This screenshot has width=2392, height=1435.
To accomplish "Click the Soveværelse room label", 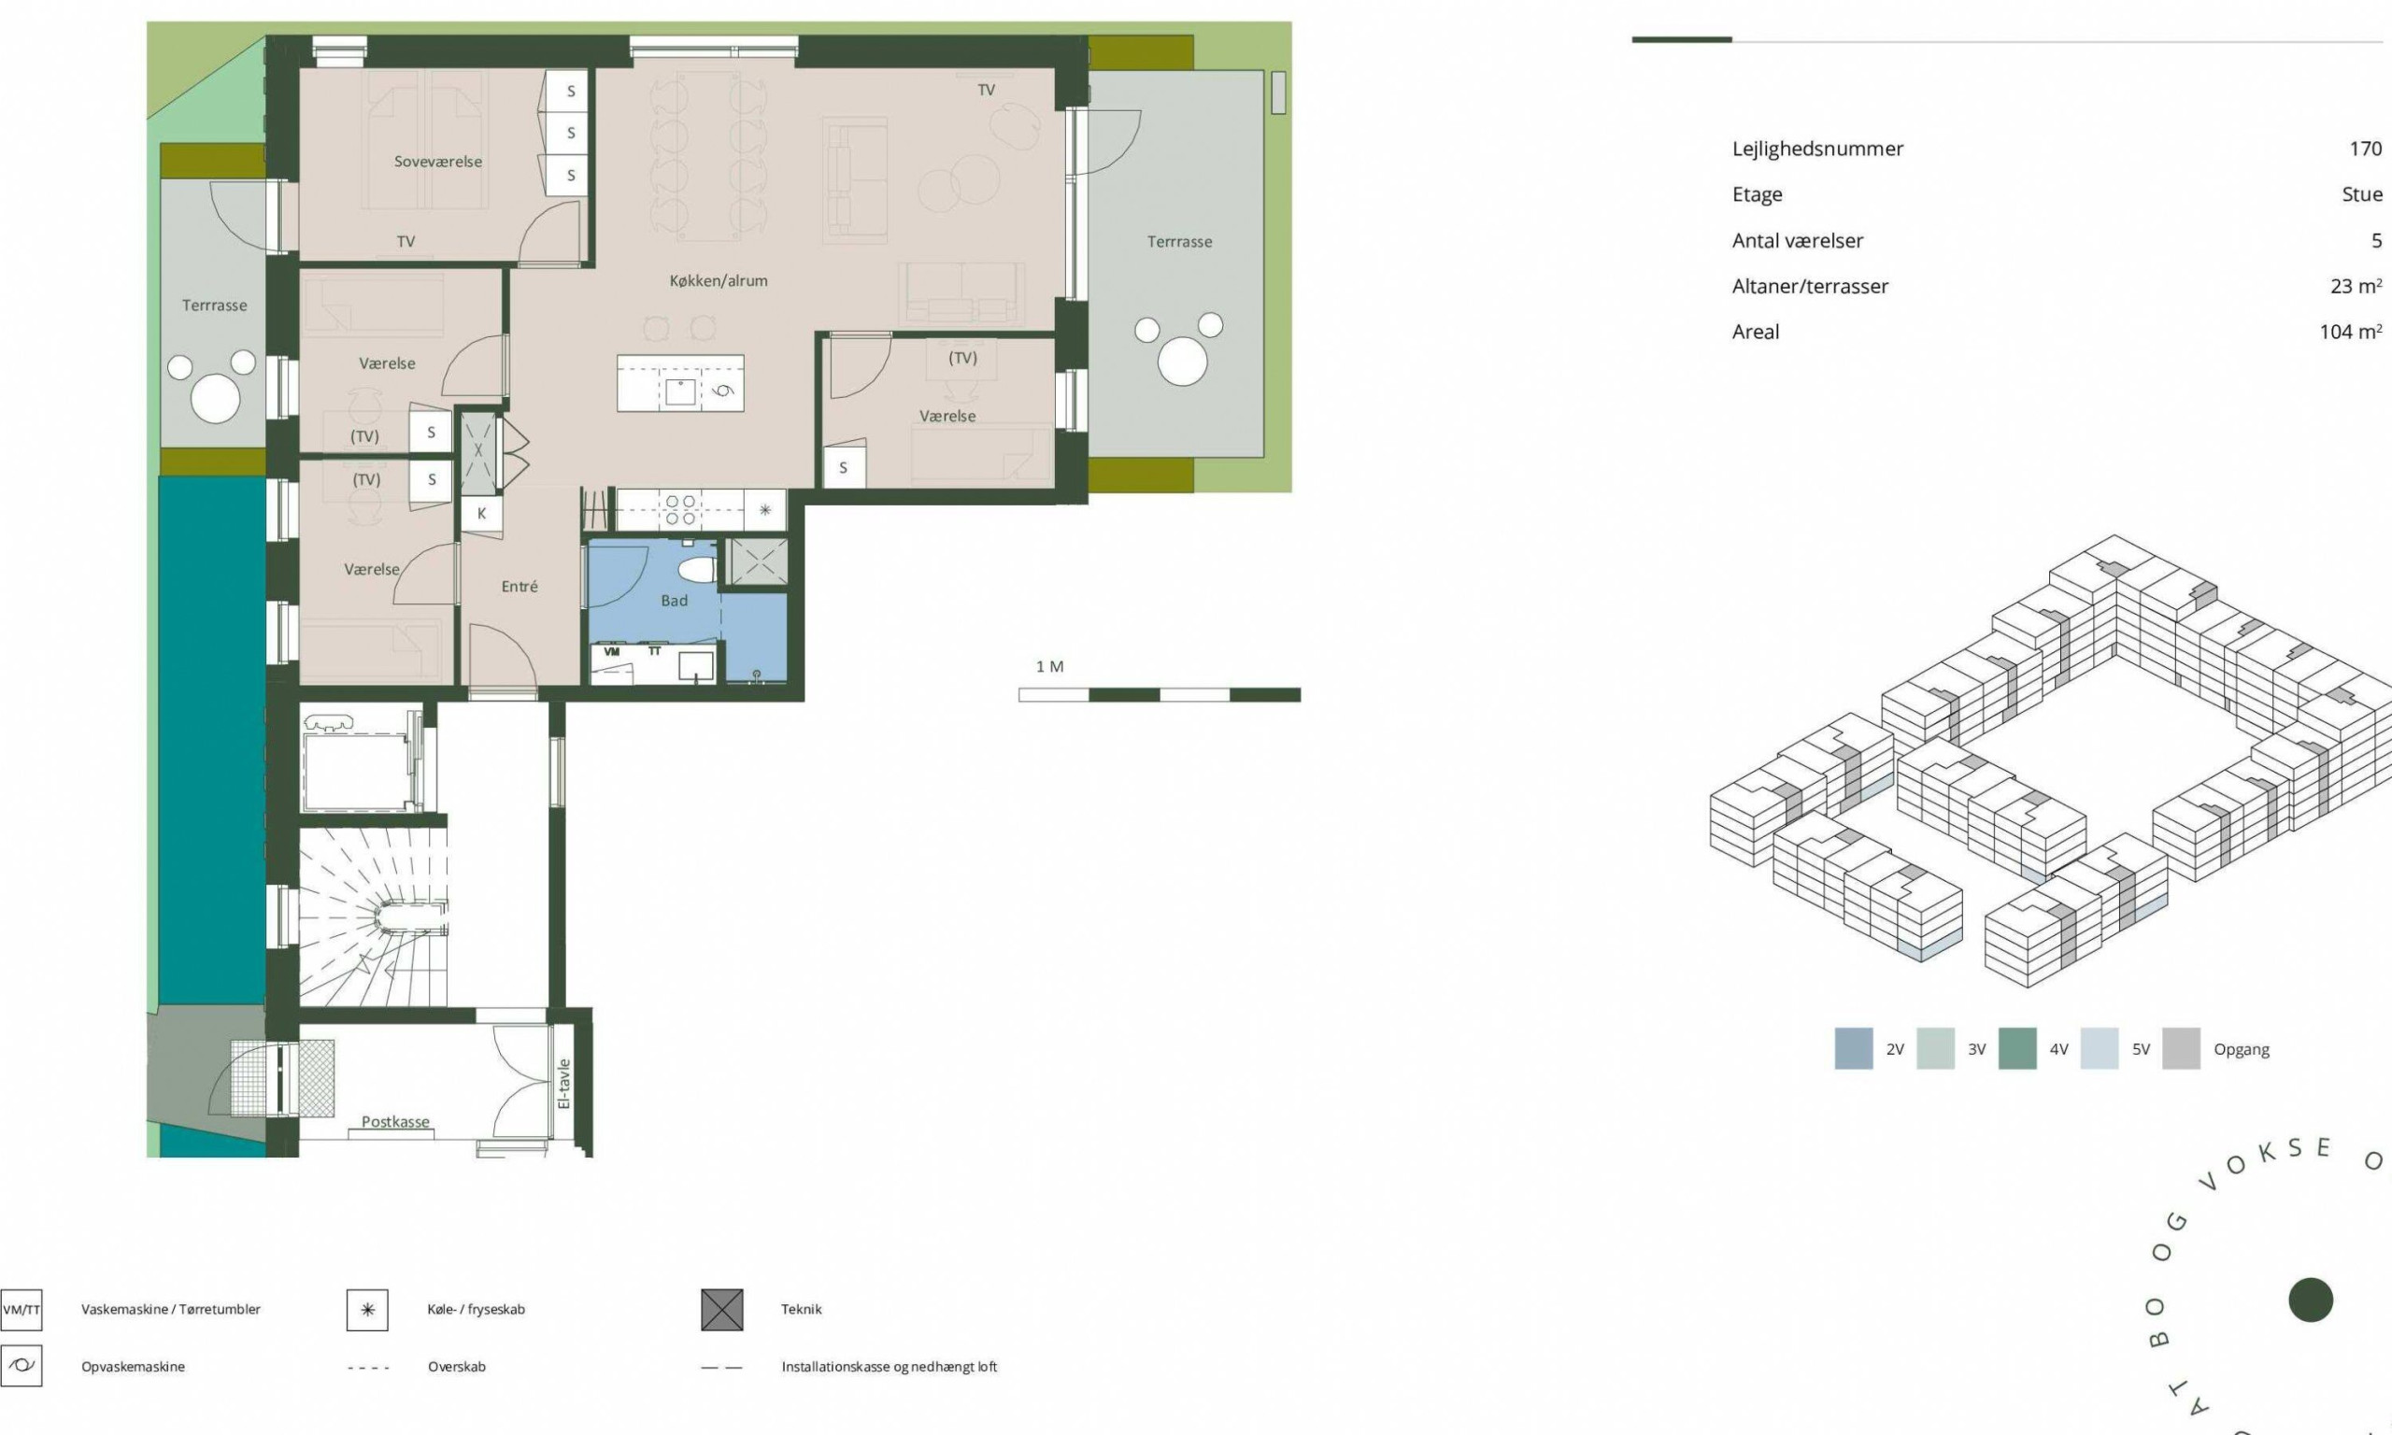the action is tap(438, 162).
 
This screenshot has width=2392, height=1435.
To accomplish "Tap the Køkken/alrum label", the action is tap(719, 280).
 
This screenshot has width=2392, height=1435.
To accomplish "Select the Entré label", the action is tap(520, 586).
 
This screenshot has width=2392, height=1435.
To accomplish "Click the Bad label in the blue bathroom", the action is tap(674, 601).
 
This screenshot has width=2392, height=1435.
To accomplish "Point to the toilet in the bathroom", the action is tap(696, 565).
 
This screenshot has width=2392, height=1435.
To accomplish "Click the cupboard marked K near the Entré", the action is tap(480, 514).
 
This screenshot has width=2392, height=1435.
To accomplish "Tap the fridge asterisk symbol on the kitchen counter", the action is tap(764, 509).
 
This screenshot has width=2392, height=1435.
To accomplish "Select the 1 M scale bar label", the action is tap(1049, 666).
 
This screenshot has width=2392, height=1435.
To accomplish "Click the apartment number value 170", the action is tap(2365, 149).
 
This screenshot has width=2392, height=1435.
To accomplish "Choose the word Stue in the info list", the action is tap(2362, 194).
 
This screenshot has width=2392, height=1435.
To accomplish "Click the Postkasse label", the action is tap(395, 1122).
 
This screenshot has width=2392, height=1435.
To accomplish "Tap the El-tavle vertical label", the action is tap(564, 1083).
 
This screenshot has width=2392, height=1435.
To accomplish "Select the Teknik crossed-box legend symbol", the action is tap(722, 1309).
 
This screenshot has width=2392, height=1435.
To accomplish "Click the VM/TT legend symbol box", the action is tap(21, 1310).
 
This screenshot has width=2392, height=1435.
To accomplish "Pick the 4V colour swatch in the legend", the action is tap(2017, 1048).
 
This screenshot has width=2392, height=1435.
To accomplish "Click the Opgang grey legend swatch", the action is tap(2180, 1048).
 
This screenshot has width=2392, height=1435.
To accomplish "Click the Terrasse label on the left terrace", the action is tap(215, 305).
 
